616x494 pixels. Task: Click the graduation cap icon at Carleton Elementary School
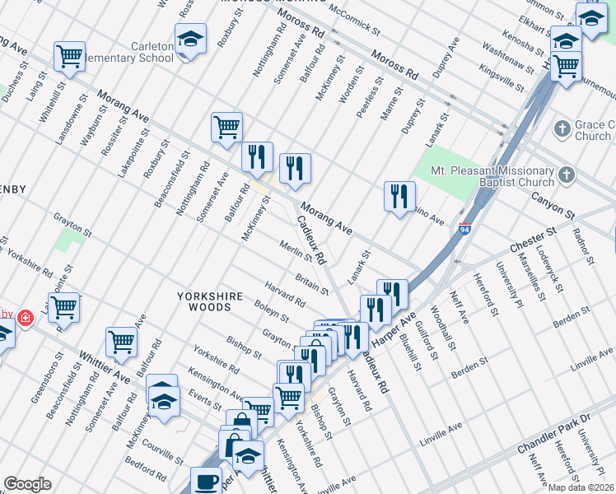191,39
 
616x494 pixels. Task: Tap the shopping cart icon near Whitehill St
70,56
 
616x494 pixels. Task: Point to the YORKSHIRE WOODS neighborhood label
212,301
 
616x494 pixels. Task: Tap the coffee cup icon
206,480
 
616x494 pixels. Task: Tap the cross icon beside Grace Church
562,128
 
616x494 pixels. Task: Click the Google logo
27,484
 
